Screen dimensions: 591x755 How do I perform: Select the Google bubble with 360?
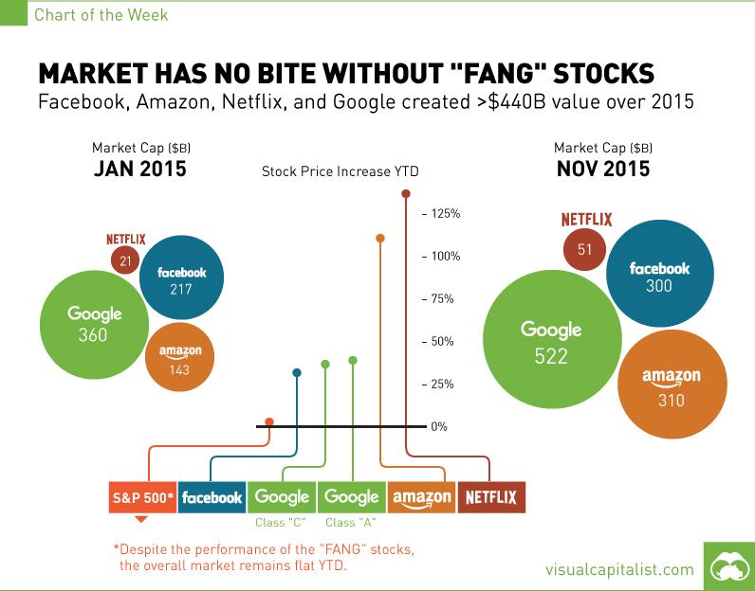click(95, 324)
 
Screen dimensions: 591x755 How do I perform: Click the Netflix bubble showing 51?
click(585, 249)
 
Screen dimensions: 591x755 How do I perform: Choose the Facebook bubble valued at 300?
click(659, 276)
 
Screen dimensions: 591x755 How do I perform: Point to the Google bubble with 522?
click(551, 341)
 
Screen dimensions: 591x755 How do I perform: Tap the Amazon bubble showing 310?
click(671, 386)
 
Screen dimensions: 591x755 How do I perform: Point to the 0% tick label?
click(439, 427)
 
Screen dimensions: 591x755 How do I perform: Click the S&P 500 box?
click(141, 497)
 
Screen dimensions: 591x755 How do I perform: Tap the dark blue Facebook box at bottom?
click(212, 497)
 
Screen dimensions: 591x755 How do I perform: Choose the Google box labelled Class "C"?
click(282, 497)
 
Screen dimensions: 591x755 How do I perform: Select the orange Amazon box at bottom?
click(421, 497)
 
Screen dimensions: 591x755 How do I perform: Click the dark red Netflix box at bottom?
click(490, 497)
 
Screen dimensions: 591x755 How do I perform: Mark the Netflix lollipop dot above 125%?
click(406, 194)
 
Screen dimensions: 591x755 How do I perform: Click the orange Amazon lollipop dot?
click(380, 239)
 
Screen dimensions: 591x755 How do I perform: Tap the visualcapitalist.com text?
click(619, 569)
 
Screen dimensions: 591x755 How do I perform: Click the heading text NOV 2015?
click(602, 170)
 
